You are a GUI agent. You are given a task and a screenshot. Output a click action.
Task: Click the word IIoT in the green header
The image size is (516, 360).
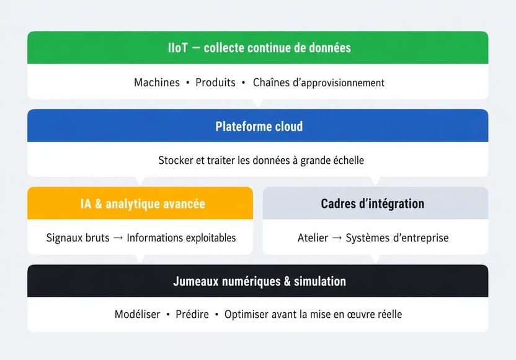pos(178,48)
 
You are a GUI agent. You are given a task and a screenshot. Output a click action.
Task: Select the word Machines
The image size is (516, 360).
pos(157,83)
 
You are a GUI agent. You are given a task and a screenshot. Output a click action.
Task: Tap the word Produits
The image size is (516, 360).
pos(215,83)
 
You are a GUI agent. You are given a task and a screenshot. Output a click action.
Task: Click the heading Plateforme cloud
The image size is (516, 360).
pos(259,127)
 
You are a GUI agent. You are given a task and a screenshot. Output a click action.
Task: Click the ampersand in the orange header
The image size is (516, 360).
pos(99,204)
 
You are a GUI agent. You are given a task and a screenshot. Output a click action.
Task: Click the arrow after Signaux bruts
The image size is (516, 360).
pos(118,238)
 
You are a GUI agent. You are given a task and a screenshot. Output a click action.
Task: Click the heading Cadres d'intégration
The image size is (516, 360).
pos(373,204)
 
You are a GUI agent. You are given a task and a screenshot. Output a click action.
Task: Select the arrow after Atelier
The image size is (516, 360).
pos(337,238)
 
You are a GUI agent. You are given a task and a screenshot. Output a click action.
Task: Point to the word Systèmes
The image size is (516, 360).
pos(368,238)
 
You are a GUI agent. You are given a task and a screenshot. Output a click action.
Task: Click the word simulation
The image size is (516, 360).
pos(320,282)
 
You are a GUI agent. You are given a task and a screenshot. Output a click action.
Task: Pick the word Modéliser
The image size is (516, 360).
pos(137,314)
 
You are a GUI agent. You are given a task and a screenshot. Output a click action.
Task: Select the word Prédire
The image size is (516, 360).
pos(192,314)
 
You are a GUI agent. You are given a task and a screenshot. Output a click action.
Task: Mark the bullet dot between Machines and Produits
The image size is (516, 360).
pos(187,83)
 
